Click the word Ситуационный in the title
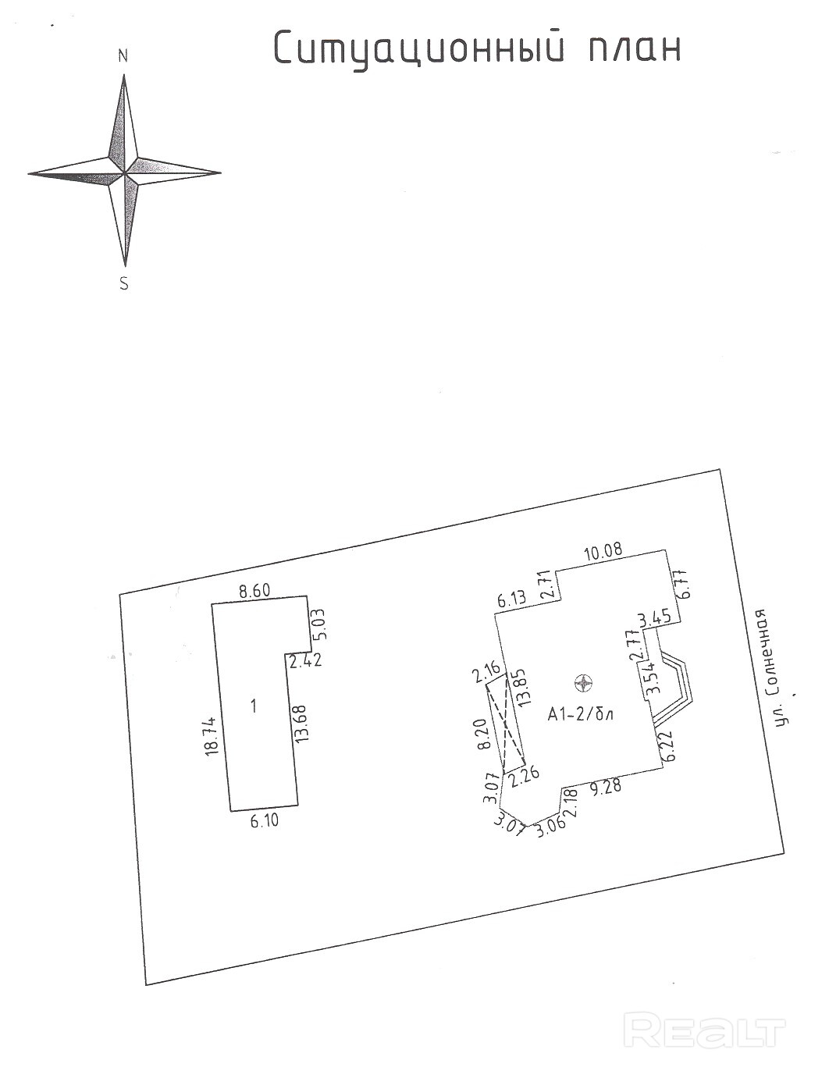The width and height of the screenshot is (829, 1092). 418,48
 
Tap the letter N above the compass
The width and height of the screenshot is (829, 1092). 123,55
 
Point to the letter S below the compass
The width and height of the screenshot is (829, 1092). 123,284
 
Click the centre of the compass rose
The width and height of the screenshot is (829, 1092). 125,173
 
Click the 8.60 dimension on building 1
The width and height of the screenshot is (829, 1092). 254,592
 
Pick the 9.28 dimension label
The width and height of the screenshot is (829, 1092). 606,787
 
